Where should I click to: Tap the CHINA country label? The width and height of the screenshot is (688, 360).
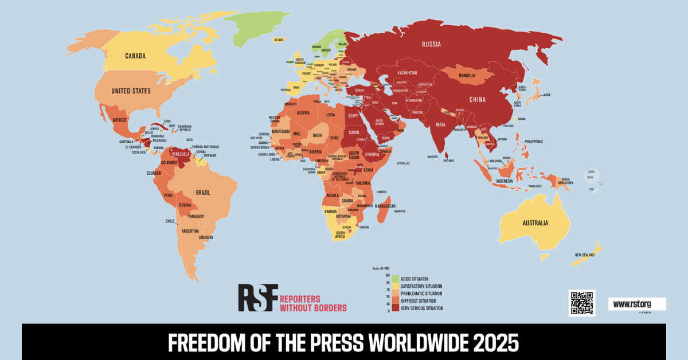click(x=477, y=99)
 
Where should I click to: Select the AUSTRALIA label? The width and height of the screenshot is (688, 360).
click(x=534, y=223)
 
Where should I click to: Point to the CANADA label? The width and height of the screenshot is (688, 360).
click(x=135, y=56)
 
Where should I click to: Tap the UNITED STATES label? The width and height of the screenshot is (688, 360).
click(x=131, y=91)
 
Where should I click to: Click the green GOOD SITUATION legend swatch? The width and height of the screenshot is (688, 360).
click(x=396, y=279)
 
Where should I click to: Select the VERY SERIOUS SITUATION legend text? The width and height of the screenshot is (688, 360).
click(x=422, y=308)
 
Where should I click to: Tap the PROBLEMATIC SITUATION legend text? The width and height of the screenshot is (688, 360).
click(x=421, y=294)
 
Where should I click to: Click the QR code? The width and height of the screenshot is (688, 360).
click(x=581, y=303)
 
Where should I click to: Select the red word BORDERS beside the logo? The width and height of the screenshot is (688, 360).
click(x=329, y=308)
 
